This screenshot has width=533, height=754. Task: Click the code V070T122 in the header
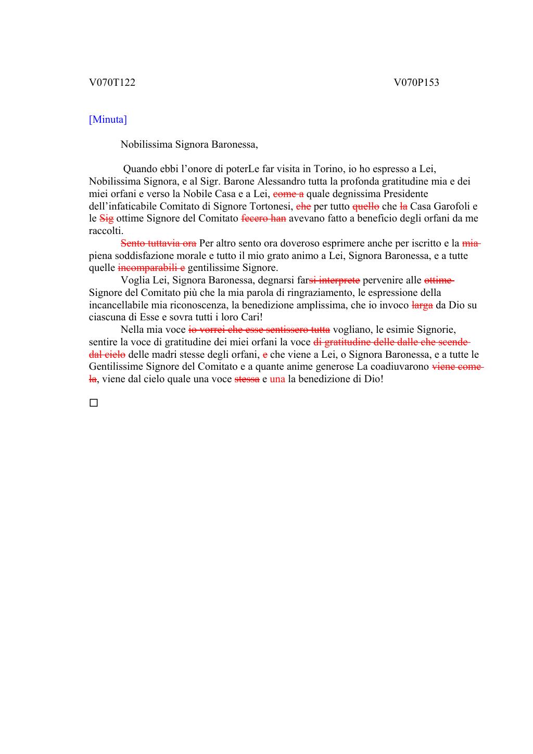[x=112, y=83]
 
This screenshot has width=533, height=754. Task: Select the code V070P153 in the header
[x=416, y=83]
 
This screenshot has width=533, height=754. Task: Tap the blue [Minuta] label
[x=108, y=120]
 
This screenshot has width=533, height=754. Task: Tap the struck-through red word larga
[x=422, y=305]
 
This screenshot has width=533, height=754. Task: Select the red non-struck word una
[x=277, y=379]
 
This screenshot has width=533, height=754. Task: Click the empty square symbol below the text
[x=94, y=403]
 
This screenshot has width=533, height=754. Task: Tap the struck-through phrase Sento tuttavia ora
[x=158, y=243]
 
